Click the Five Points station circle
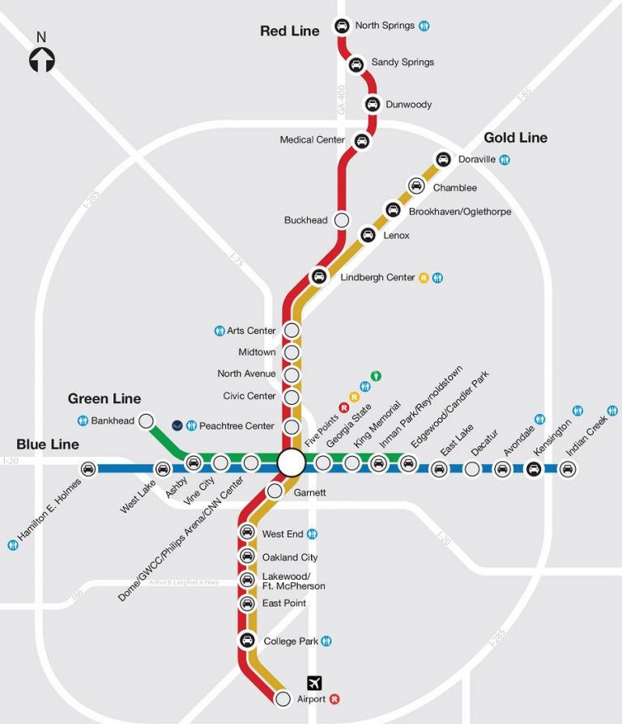tap(291, 462)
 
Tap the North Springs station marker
tap(342, 26)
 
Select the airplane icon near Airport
tap(314, 683)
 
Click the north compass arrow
tap(42, 59)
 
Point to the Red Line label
tap(289, 32)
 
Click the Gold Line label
tap(515, 138)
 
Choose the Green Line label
tap(104, 398)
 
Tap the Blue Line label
tap(48, 445)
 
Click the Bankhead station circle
tap(147, 420)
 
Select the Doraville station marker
tap(443, 160)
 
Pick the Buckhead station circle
tap(341, 219)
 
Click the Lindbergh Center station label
tap(377, 278)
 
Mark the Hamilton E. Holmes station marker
tap(88, 468)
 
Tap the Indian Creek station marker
tap(568, 468)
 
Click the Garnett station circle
tap(275, 491)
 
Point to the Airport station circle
tap(283, 698)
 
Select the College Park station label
tap(291, 641)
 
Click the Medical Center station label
tap(313, 140)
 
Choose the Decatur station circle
tap(472, 468)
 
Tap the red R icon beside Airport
tap(334, 699)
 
